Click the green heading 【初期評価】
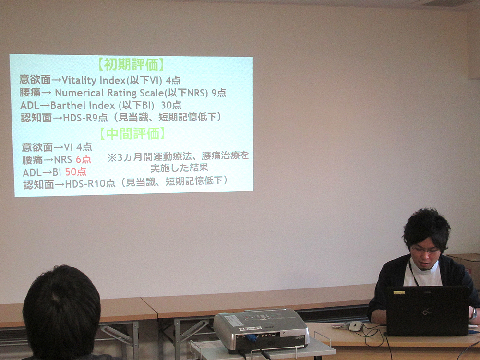[x=132, y=65]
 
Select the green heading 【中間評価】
[x=132, y=134]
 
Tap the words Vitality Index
[x=94, y=80]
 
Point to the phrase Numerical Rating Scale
[x=109, y=93]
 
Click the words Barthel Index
[x=83, y=105]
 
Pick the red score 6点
[x=83, y=159]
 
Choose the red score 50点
[x=76, y=172]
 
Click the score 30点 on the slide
[x=171, y=105]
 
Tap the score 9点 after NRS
[x=218, y=93]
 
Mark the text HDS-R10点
[x=90, y=184]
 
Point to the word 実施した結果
[x=179, y=168]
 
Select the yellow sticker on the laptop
[x=399, y=293]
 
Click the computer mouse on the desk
[x=356, y=326]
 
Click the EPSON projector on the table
[x=261, y=330]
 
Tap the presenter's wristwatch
[x=474, y=313]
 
